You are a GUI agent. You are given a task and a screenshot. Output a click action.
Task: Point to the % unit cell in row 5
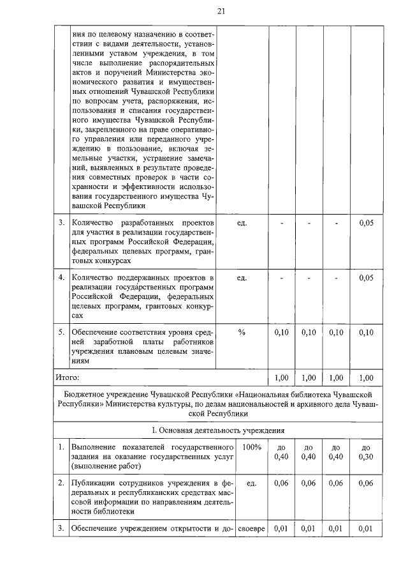click(x=242, y=332)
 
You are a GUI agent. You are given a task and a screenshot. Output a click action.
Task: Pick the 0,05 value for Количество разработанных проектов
click(x=366, y=223)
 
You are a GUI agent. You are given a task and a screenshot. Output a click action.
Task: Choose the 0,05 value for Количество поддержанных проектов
click(x=366, y=278)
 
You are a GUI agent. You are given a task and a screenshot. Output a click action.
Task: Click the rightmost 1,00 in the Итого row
click(x=366, y=378)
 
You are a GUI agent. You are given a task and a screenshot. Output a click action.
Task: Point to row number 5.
click(x=61, y=332)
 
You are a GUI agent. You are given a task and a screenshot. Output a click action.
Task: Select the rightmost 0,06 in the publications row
click(x=366, y=483)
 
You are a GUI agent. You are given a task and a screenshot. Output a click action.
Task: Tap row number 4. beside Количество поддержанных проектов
click(x=61, y=278)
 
